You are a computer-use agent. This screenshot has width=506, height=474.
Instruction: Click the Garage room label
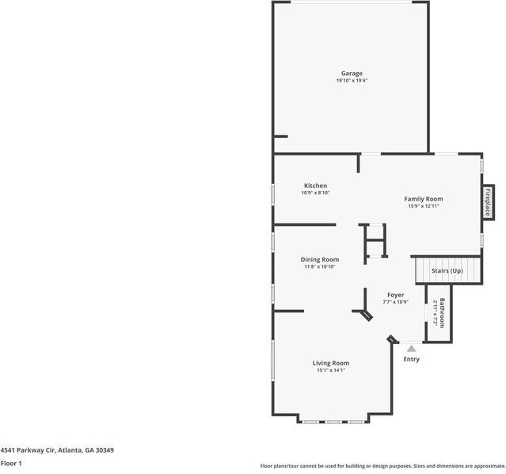point(352,74)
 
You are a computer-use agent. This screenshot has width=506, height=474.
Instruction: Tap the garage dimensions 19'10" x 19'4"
point(352,81)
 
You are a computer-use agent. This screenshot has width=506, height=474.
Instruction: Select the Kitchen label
point(315,186)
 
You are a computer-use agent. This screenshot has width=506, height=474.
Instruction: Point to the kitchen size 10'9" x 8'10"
point(315,193)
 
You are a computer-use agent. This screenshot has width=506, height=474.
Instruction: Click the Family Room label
point(424,199)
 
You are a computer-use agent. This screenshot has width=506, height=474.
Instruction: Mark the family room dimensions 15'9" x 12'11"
point(424,206)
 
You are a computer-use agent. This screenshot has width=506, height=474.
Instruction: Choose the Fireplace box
point(489,201)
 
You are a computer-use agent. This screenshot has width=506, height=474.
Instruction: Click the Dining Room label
point(320,260)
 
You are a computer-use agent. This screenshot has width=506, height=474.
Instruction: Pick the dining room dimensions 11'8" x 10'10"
point(320,266)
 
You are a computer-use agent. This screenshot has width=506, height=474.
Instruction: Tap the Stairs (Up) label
point(447,271)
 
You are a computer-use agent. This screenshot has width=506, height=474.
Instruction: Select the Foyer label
point(395,295)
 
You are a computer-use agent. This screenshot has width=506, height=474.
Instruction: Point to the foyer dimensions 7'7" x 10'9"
point(395,302)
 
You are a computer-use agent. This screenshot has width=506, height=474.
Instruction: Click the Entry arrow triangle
point(411,348)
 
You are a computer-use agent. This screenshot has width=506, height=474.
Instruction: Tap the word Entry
point(412,359)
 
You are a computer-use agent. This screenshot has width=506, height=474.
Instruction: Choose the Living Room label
point(331,363)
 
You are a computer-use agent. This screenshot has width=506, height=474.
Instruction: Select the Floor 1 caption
point(11,463)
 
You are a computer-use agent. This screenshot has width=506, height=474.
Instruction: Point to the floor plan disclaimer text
point(382,466)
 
